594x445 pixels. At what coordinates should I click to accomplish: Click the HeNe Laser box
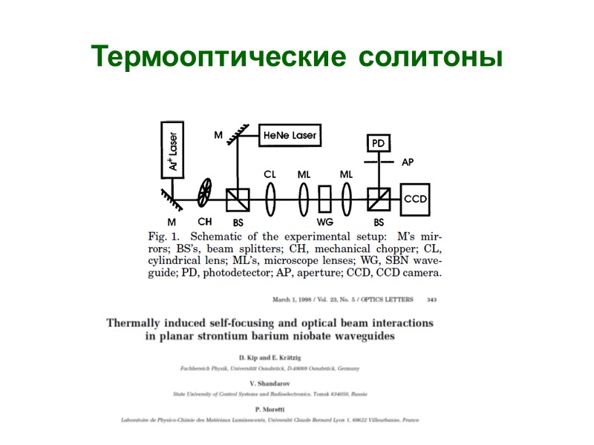point(289,136)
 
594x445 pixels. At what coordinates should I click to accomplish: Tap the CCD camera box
point(415,199)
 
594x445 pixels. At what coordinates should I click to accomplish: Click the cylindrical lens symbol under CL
point(270,199)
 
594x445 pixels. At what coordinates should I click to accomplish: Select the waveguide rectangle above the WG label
point(324,199)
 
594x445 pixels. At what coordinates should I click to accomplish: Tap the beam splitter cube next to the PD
point(378,199)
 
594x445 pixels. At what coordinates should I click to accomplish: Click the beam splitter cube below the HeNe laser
point(238,199)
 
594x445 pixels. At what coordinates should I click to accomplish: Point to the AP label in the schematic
point(408,162)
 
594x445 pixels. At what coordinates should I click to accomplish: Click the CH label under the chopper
point(205,221)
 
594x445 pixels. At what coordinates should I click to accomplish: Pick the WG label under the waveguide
point(324,222)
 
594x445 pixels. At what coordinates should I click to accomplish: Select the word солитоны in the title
point(430,56)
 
